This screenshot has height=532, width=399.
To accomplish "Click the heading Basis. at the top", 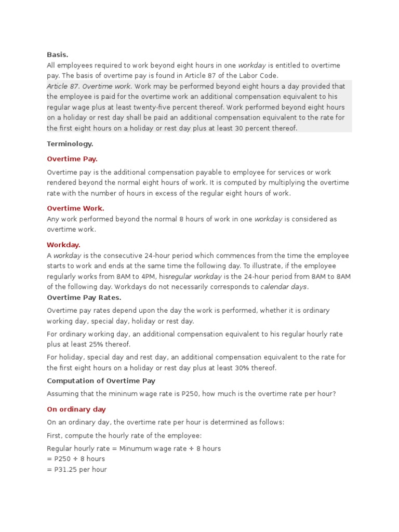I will click(x=58, y=54).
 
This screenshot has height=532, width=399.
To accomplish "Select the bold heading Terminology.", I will click(x=70, y=144).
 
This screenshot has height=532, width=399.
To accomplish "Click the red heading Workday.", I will click(x=63, y=245).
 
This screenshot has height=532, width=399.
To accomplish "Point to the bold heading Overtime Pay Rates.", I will click(x=84, y=298).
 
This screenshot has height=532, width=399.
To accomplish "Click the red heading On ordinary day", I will click(x=76, y=409).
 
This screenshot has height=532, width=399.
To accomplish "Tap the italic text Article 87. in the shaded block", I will click(x=63, y=86).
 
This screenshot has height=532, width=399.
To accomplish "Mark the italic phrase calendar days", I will click(x=284, y=287).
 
